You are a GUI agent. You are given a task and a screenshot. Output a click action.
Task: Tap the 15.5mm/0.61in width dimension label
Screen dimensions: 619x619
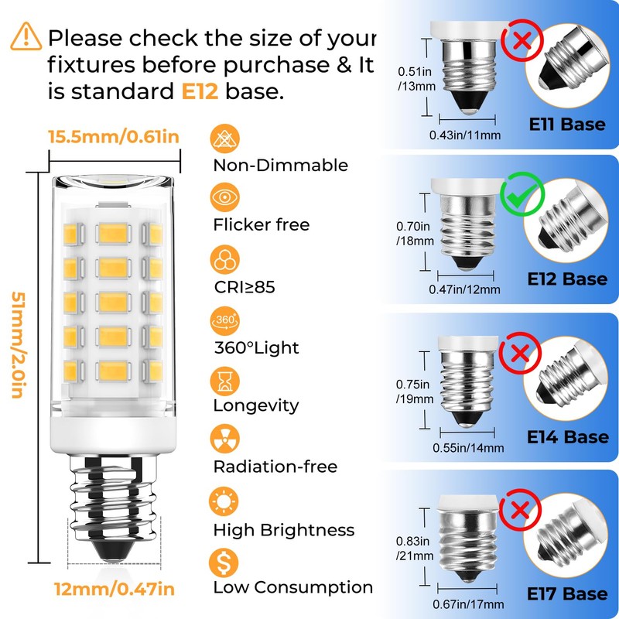pyautogui.click(x=114, y=137)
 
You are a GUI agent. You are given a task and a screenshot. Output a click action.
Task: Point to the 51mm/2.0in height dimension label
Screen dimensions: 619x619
pyautogui.click(x=16, y=344)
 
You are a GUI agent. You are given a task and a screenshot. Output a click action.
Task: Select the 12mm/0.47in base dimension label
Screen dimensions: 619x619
pyautogui.click(x=114, y=590)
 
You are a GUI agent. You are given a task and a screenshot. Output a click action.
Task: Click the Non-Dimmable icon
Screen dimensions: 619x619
pyautogui.click(x=224, y=139)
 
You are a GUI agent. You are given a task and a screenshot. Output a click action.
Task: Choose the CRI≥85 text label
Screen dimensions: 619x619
pyautogui.click(x=244, y=287)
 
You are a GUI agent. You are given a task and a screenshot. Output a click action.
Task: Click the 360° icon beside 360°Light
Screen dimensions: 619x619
pyautogui.click(x=224, y=320)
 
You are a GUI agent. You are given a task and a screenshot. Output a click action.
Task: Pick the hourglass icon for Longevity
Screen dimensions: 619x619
pyautogui.click(x=224, y=380)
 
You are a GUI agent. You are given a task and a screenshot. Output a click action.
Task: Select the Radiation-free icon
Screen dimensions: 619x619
pyautogui.click(x=224, y=440)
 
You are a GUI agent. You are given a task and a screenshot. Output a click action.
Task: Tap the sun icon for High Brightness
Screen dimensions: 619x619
pyautogui.click(x=224, y=501)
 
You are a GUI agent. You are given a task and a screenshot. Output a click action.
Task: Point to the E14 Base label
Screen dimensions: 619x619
pyautogui.click(x=566, y=437)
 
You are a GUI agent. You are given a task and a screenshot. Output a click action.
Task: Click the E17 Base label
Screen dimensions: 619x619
pyautogui.click(x=566, y=593)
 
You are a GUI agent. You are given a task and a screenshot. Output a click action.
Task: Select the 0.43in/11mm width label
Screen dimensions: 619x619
pyautogui.click(x=465, y=135)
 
